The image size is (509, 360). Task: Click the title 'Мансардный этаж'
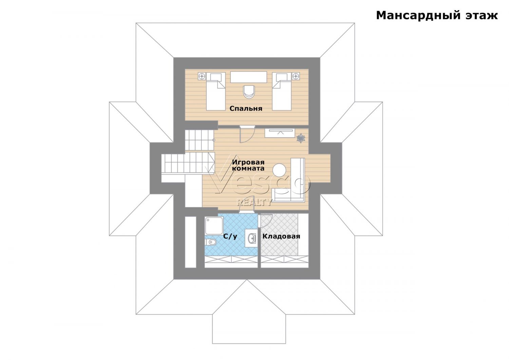[x=437, y=16]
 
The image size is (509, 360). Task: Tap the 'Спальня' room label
[x=246, y=108]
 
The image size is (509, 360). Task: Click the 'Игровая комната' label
[x=248, y=165]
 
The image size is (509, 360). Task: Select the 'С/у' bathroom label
[x=230, y=236]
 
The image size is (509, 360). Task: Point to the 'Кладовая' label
[x=281, y=236]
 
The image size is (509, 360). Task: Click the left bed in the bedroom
[x=215, y=91]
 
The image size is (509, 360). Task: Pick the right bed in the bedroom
[x=282, y=91]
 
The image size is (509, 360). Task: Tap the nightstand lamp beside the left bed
[x=202, y=76]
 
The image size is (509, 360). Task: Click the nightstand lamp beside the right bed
[x=296, y=76]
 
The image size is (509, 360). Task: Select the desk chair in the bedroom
[x=249, y=92]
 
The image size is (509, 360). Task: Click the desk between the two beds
[x=249, y=77]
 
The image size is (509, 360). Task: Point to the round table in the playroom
[x=279, y=170]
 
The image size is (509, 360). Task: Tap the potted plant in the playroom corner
[x=301, y=138]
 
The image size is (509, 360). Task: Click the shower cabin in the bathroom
[x=214, y=226]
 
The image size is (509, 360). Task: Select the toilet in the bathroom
[x=210, y=242]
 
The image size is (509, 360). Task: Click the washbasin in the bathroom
[x=251, y=238]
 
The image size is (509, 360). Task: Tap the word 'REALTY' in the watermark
[x=254, y=202]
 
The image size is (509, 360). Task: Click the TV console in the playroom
[x=280, y=133]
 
